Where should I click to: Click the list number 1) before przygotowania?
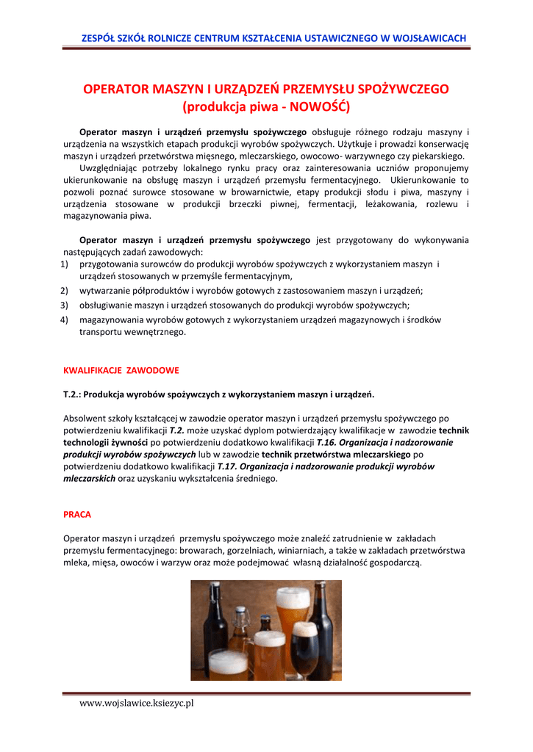click(x=65, y=264)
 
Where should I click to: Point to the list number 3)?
click(x=65, y=305)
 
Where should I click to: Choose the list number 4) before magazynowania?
click(x=65, y=319)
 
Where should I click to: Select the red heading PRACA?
click(x=77, y=515)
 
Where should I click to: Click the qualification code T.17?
click(x=227, y=466)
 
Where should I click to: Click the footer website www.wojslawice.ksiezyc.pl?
click(x=136, y=704)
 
